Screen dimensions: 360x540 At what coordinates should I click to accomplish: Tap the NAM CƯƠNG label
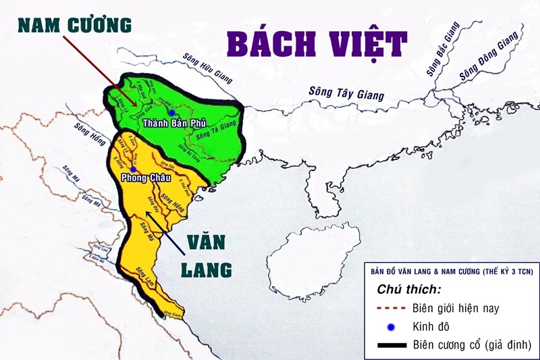(74, 25)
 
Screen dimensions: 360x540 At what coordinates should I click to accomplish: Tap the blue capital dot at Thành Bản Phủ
(173, 112)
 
